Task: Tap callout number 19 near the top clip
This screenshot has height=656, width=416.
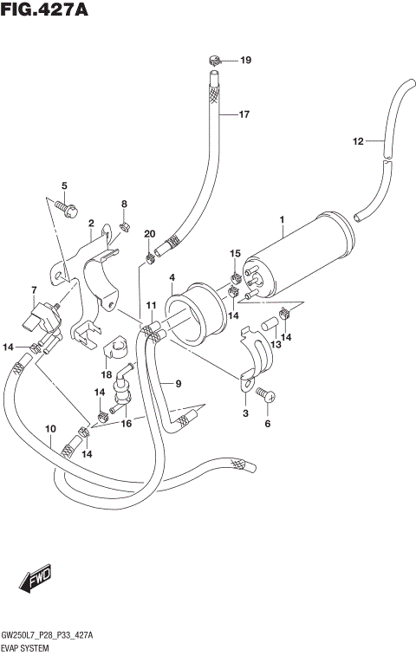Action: click(245, 60)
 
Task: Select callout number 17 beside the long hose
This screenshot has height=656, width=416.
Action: click(244, 114)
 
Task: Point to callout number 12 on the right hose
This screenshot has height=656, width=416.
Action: click(358, 141)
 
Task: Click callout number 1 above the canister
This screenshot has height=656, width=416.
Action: click(282, 220)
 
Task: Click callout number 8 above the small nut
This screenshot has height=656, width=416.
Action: click(124, 205)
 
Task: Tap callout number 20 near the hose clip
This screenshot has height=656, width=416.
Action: click(150, 235)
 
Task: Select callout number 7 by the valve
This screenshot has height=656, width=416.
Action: click(34, 289)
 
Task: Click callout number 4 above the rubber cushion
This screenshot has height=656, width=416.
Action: click(172, 277)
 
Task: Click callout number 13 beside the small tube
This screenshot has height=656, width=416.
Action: click(276, 345)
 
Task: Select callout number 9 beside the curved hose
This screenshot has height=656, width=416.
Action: click(177, 384)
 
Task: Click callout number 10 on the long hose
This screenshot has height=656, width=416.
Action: click(50, 429)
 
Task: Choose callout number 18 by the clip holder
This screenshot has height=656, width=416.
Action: click(106, 374)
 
